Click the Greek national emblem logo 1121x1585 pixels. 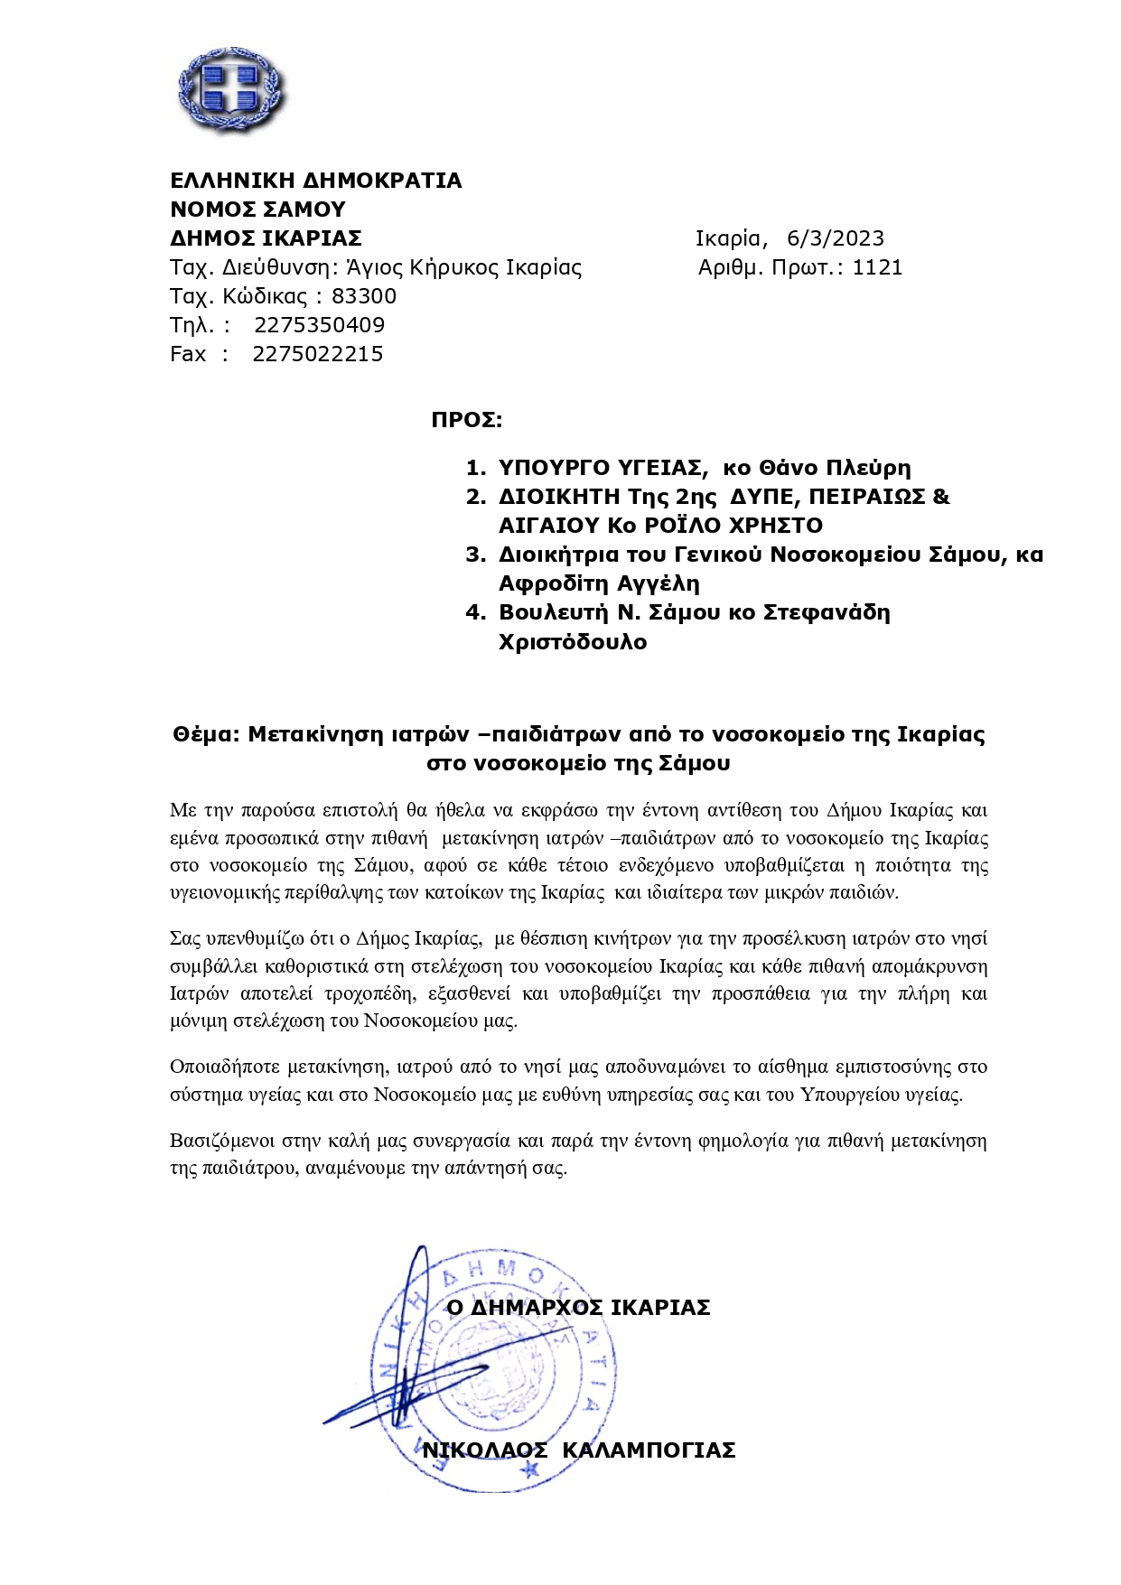[x=230, y=89]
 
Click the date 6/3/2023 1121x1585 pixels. [x=836, y=238]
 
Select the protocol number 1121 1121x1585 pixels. [x=877, y=267]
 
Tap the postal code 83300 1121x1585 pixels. [x=364, y=296]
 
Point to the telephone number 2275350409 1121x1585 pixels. [x=319, y=325]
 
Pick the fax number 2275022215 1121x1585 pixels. [x=318, y=354]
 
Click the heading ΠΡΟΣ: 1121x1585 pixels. [x=466, y=420]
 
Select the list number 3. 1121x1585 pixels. [x=475, y=555]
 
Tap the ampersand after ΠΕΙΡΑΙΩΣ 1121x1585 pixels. [x=941, y=497]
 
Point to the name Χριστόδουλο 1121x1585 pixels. [x=573, y=642]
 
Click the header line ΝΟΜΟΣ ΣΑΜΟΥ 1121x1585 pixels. [x=258, y=210]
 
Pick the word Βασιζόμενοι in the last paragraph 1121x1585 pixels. [x=222, y=1141]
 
